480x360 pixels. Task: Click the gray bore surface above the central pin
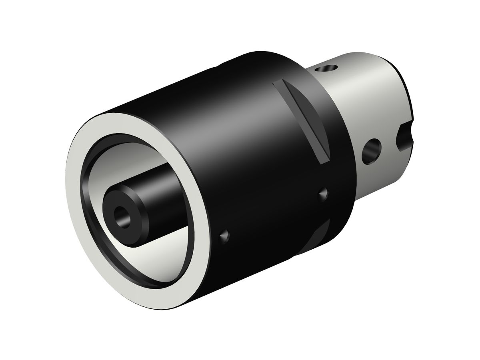coord(120,160)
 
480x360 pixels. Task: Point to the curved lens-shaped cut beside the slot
coord(316,116)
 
